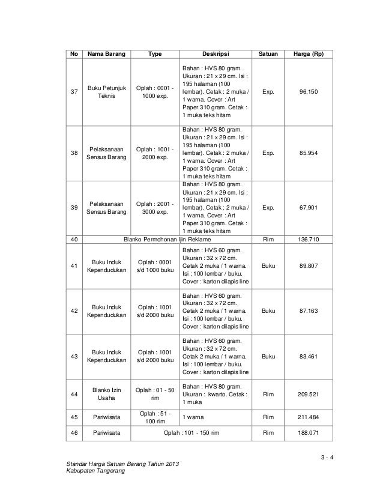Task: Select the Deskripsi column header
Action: coord(215,55)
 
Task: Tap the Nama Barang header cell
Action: coord(107,55)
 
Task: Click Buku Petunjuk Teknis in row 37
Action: coord(107,92)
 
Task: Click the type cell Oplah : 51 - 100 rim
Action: coord(155,417)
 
